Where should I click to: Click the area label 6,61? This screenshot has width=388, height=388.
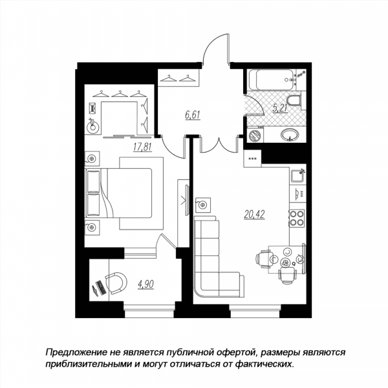point(193,115)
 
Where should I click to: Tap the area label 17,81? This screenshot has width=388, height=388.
point(142,147)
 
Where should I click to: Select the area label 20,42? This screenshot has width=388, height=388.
point(254,214)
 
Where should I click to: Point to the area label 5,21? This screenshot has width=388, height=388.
point(281,108)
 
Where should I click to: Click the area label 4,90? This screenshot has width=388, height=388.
point(145,285)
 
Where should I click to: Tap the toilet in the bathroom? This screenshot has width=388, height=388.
point(294,102)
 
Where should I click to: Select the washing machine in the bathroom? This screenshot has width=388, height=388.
point(255,135)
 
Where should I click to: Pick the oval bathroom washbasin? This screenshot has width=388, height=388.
point(290,135)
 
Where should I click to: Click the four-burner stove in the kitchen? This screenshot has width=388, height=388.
point(297,218)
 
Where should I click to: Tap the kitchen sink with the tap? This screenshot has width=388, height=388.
point(297,175)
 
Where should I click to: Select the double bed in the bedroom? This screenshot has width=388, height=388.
point(118,193)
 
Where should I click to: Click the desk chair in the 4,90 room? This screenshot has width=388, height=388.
point(116,283)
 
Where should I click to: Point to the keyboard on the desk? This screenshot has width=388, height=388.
point(101,288)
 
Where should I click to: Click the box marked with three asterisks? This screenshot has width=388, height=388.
point(252,158)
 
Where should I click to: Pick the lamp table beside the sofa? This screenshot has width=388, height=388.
point(203,205)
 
